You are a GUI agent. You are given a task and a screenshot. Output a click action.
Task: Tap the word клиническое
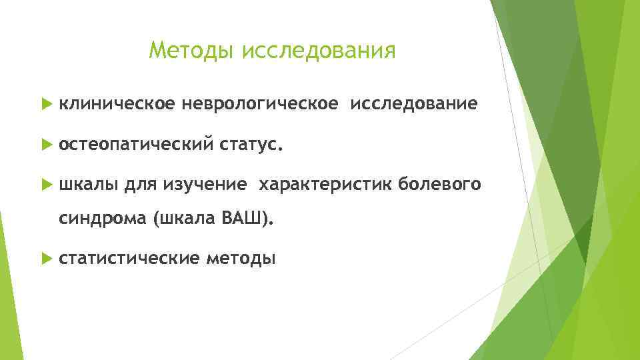pyautogui.click(x=117, y=104)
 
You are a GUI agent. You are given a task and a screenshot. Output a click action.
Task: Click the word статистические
pyautogui.click(x=129, y=258)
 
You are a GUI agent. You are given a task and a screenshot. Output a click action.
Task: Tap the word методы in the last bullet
pyautogui.click(x=240, y=258)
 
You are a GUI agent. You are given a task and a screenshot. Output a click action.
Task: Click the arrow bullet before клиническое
pyautogui.click(x=45, y=105)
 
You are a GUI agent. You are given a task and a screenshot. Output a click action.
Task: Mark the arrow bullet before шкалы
pyautogui.click(x=45, y=185)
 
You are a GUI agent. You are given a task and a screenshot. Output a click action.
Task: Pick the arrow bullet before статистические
pyautogui.click(x=45, y=258)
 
